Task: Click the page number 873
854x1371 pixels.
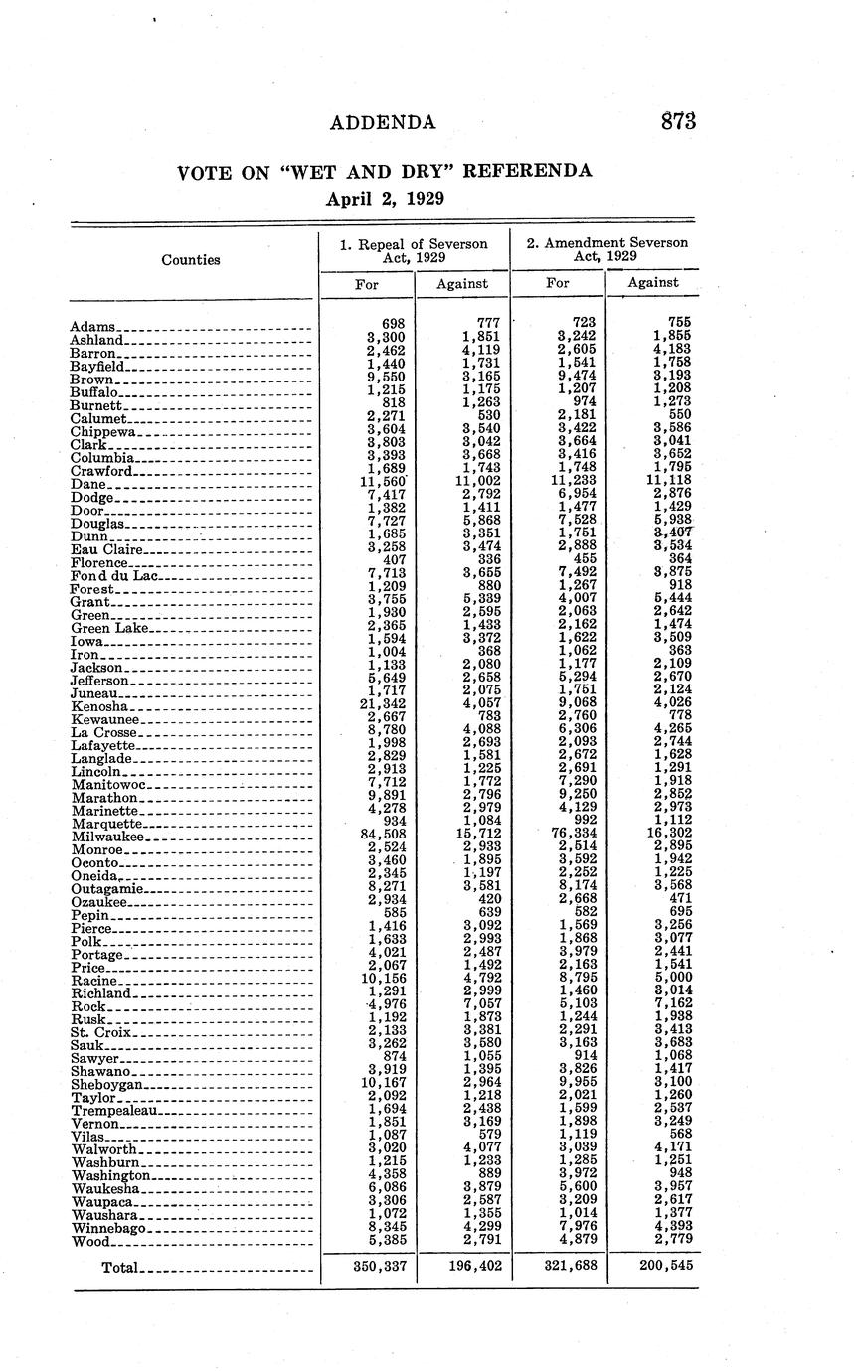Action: coord(678,122)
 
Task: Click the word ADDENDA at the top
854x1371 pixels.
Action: coord(383,123)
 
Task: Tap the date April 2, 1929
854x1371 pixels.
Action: coord(385,198)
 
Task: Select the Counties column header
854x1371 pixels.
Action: coord(191,260)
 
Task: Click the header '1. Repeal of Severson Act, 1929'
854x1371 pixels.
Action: coord(414,249)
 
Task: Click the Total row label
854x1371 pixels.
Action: coord(120,1267)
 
